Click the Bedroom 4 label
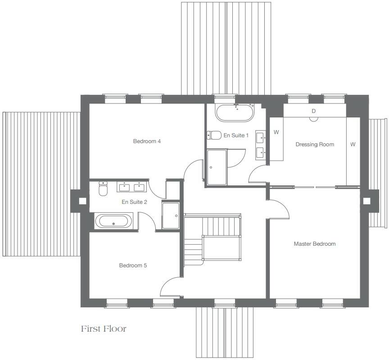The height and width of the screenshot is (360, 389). (x=147, y=141)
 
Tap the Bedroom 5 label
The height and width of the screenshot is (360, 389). (x=133, y=265)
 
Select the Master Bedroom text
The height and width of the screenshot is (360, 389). (x=315, y=244)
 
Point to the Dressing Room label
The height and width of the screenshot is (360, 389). (x=315, y=144)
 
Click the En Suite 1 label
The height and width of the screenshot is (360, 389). (x=236, y=135)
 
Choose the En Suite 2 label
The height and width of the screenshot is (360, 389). (x=134, y=202)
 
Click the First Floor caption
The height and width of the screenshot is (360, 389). (x=104, y=329)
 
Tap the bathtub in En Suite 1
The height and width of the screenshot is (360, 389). (x=235, y=112)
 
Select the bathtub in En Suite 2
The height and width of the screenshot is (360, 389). (x=113, y=221)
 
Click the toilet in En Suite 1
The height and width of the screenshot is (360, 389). (x=214, y=135)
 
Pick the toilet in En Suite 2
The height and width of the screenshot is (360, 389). (x=103, y=189)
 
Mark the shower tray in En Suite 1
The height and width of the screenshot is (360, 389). (x=217, y=167)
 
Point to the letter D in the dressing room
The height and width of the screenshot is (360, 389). (x=314, y=111)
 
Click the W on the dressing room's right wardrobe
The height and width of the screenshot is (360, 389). (x=353, y=144)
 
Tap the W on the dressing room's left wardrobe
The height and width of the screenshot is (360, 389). (x=276, y=132)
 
